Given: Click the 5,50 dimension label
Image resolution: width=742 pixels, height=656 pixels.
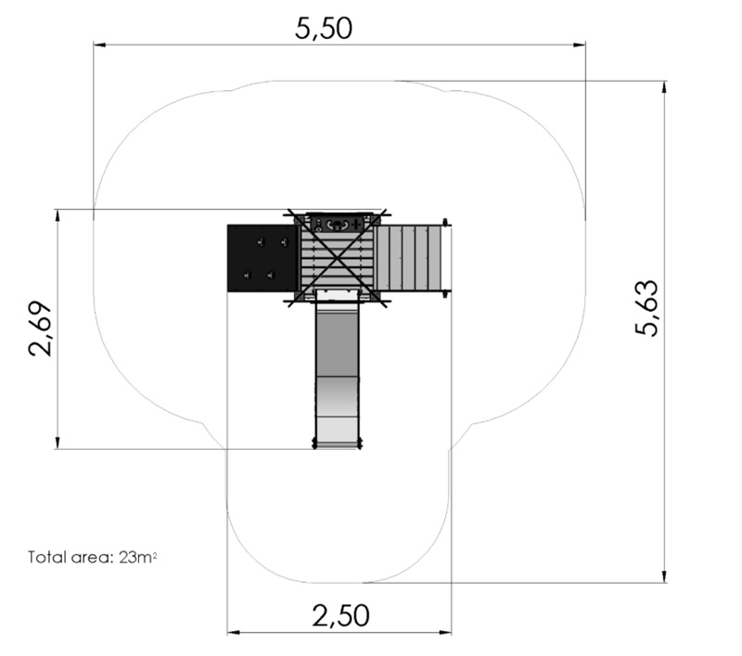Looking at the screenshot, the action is point(324,28).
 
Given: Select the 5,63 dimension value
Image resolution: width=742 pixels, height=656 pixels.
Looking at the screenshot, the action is point(646,308).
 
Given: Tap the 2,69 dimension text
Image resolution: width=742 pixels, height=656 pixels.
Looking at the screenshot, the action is point(40,328).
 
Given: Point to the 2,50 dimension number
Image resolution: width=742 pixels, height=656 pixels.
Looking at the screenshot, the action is point(340,615).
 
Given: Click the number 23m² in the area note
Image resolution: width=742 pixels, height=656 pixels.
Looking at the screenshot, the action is point(137,557).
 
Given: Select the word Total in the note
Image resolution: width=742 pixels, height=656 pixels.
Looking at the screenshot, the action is point(47,557).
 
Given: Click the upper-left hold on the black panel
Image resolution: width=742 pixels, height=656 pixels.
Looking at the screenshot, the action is point(261,243).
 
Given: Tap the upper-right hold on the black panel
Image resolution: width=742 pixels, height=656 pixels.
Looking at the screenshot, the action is point(284,243).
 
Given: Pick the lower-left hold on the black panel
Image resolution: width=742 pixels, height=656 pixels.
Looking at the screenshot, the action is point(247,275).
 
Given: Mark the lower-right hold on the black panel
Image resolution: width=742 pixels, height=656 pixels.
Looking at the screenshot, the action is point(271,275).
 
